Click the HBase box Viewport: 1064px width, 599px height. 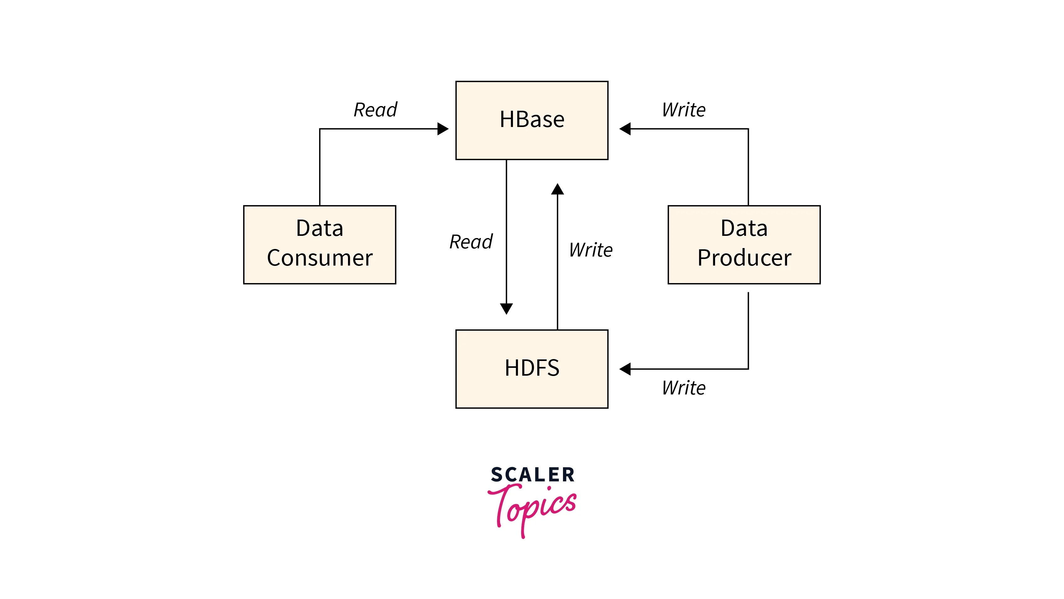tap(532, 120)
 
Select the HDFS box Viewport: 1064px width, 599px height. tap(532, 369)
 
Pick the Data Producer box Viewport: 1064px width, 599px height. tap(744, 244)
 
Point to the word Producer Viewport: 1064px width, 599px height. tap(744, 258)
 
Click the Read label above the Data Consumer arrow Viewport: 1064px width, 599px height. tap(375, 110)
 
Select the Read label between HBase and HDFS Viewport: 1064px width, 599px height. tap(471, 242)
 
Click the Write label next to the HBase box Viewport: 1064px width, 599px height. tap(683, 110)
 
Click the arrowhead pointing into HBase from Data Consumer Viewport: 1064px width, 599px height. tap(443, 129)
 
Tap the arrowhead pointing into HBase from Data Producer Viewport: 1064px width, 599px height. tap(625, 129)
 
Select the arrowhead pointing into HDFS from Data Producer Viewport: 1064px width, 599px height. tap(625, 369)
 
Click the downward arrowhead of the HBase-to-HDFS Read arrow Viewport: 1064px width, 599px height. tap(506, 308)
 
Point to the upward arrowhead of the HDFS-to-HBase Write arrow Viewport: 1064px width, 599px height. tap(558, 190)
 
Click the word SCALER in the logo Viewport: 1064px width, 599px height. tap(532, 475)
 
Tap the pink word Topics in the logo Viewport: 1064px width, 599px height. tap(532, 508)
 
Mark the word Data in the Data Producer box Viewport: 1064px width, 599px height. tap(744, 228)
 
